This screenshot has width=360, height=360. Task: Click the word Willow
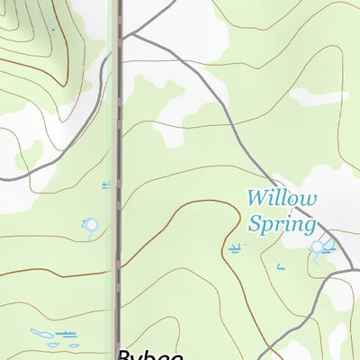tap(282, 198)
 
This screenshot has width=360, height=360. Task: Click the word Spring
tap(282, 224)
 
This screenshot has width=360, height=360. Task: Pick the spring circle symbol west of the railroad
tap(90, 224)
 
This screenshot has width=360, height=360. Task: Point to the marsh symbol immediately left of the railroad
tap(107, 185)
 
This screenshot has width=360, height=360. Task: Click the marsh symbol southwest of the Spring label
tap(236, 246)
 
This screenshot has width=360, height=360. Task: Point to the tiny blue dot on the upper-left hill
tap(53, 31)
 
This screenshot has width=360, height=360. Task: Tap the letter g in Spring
tap(309, 227)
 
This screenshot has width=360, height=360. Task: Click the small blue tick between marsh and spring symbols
tap(280, 265)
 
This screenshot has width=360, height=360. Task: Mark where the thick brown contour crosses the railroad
tap(117, 268)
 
